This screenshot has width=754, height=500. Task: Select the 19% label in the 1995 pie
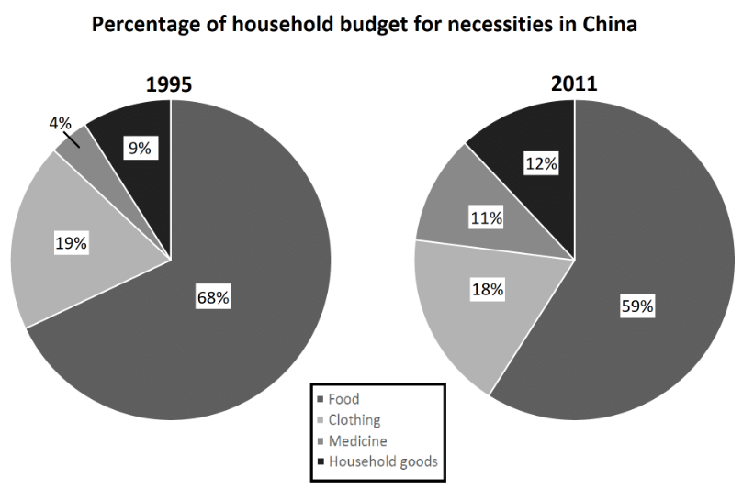(70, 243)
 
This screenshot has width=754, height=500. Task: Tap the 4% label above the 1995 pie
(60, 121)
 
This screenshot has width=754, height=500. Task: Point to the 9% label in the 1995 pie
(140, 147)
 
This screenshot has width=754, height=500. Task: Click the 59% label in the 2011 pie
(637, 306)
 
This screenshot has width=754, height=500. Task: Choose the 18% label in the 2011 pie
(488, 289)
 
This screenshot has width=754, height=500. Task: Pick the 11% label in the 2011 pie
(487, 218)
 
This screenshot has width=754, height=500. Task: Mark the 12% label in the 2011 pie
(541, 163)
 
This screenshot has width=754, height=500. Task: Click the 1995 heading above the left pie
(169, 85)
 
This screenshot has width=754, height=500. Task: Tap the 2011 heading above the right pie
(574, 83)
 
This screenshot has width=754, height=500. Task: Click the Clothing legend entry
(354, 420)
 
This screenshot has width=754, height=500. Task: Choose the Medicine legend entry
(357, 441)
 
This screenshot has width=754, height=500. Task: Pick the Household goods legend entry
(382, 462)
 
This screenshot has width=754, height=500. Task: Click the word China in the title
(610, 26)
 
